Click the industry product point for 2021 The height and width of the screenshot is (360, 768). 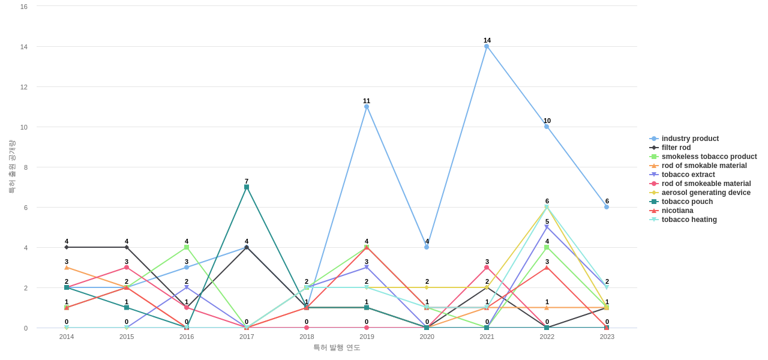(487, 46)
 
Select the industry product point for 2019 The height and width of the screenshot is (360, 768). (367, 107)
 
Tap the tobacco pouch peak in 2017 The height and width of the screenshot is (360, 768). (247, 187)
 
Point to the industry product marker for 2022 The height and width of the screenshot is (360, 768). (547, 127)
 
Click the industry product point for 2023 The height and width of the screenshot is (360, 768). (607, 207)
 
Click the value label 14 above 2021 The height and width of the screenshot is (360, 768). (487, 40)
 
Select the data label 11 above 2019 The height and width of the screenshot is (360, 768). (367, 101)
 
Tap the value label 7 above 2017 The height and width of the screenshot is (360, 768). (247, 181)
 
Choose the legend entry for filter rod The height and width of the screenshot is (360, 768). (676, 148)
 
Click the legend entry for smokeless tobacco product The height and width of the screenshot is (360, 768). (709, 157)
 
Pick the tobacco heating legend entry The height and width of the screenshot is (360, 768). (689, 220)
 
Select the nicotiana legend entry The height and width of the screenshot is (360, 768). (677, 211)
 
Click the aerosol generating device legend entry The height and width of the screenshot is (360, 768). (706, 193)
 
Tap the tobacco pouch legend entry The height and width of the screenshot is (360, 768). (687, 202)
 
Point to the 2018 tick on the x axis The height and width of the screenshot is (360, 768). (307, 337)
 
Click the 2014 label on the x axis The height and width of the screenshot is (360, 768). (67, 337)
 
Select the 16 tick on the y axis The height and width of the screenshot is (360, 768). (24, 7)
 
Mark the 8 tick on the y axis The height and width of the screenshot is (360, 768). (26, 167)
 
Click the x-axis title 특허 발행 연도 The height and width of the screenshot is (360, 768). (337, 347)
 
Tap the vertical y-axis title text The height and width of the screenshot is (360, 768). (11, 167)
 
